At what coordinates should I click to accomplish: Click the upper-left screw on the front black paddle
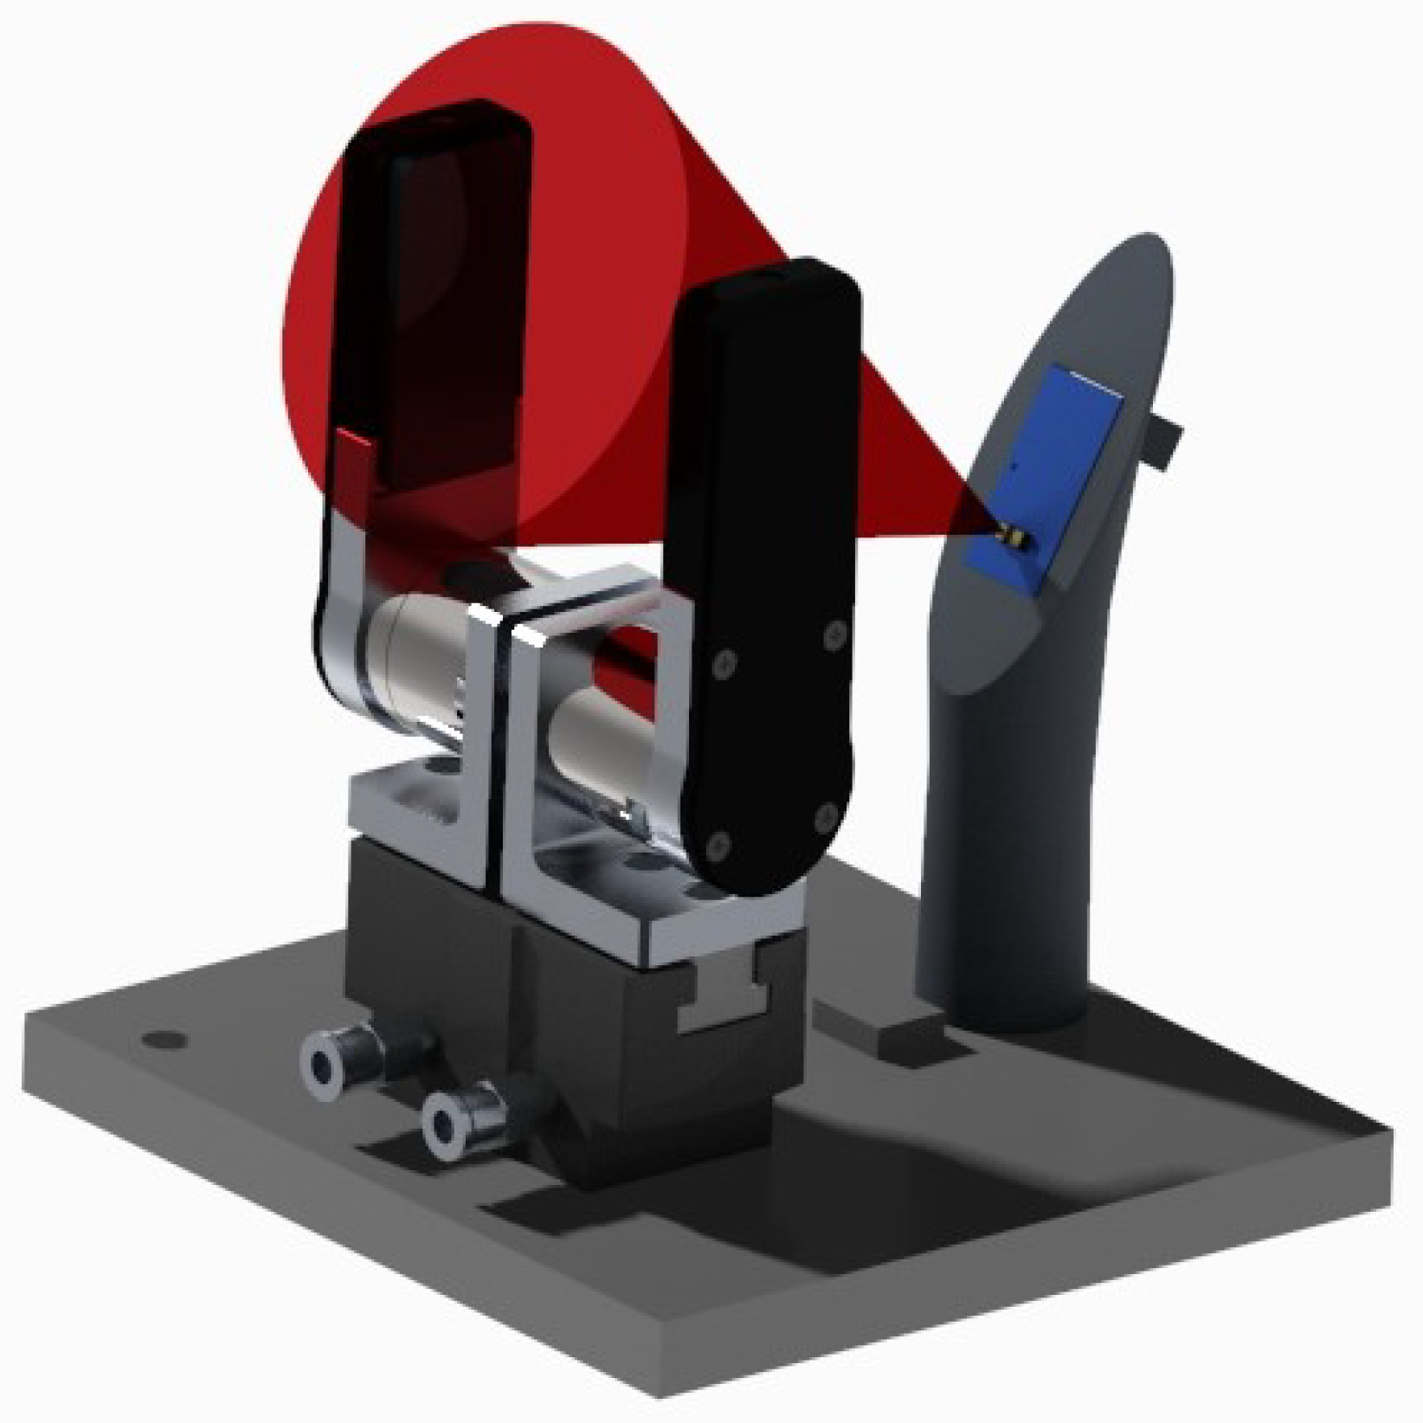click(x=725, y=665)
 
